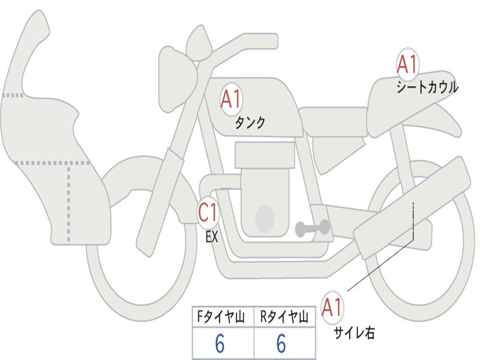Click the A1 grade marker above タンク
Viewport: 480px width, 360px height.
[231, 99]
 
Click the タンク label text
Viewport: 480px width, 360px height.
[250, 123]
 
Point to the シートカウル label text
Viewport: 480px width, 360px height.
[427, 88]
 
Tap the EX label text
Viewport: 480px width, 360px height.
[212, 237]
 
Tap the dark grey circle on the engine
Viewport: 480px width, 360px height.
[265, 218]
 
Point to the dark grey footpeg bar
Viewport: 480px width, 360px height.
[312, 228]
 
